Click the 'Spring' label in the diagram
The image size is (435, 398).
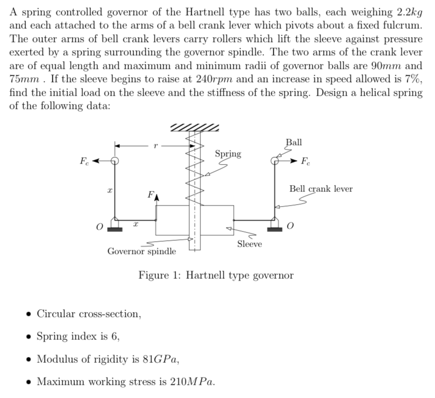click(228, 154)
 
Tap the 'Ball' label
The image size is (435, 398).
click(294, 142)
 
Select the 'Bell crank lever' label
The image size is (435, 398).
click(321, 189)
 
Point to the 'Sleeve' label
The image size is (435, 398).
click(249, 244)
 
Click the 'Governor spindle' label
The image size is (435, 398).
click(142, 251)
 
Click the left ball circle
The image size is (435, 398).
click(115, 161)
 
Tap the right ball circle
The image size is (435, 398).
click(275, 160)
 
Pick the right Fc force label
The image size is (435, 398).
click(305, 161)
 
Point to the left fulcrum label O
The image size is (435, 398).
click(99, 228)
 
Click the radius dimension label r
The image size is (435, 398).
click(155, 145)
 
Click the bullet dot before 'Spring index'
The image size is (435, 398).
click(30, 337)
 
